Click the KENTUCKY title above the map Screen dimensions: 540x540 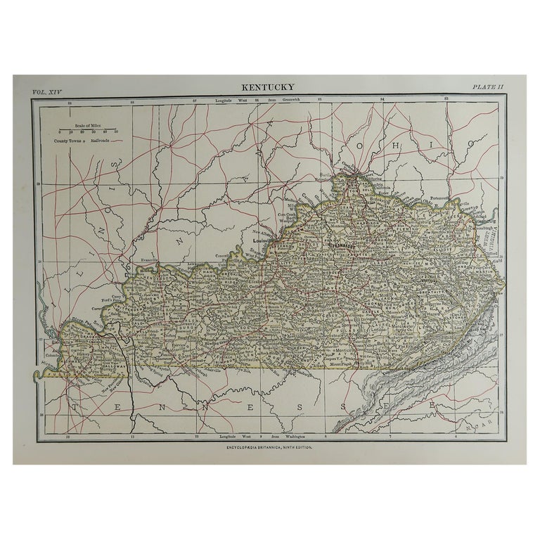coord(269,88)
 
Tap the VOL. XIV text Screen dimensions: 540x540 coord(47,91)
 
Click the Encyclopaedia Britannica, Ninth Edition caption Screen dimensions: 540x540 coord(269,447)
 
